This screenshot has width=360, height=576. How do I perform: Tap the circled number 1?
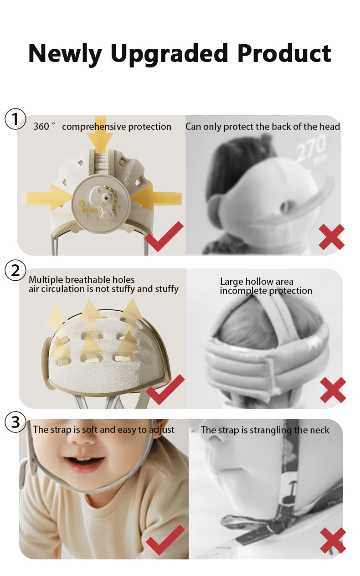15,119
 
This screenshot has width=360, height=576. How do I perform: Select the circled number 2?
15,271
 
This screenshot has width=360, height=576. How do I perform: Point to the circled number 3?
15,422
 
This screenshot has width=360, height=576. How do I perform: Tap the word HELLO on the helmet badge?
89,210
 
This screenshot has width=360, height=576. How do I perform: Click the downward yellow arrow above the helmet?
100,135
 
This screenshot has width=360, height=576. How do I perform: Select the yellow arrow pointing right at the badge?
48,197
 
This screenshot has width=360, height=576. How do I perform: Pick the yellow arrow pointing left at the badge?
156,197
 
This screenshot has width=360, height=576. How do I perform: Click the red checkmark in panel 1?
164,237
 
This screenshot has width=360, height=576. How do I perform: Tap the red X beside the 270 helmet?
332,237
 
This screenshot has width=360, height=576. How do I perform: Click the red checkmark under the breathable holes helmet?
165,390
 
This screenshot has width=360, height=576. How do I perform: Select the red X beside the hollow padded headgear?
333,390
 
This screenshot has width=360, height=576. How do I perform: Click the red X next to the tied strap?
333,540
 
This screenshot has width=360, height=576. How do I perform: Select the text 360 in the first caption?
41,127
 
